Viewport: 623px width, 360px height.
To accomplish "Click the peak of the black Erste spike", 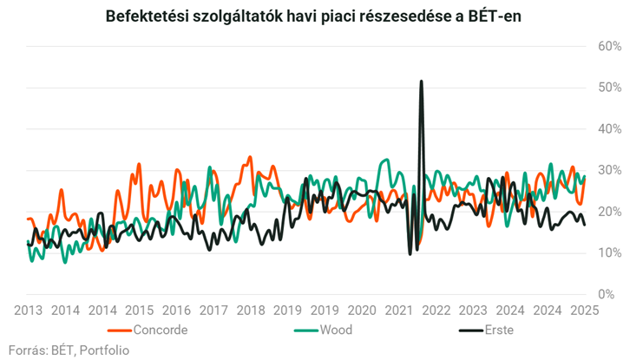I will tap(421, 82).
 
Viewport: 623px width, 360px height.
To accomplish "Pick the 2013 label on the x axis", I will tap(29, 311).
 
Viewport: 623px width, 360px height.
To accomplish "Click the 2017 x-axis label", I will tap(213, 311).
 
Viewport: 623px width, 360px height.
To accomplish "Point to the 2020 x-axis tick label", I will tap(362, 311).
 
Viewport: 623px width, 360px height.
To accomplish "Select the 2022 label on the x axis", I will tap(436, 311).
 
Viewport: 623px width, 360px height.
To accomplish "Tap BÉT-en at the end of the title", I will tap(495, 16).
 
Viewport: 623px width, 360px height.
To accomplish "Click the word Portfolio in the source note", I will tap(103, 350).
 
